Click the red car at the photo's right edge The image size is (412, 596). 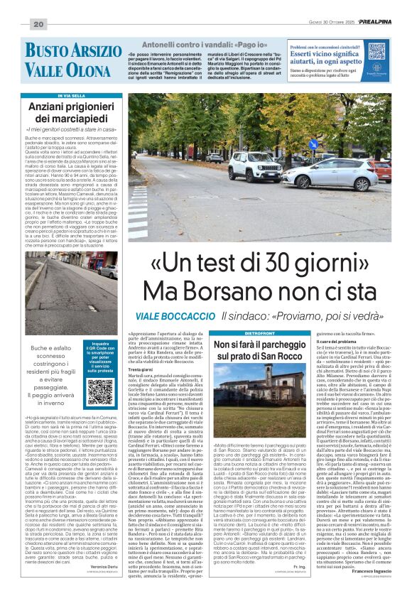point(384,168)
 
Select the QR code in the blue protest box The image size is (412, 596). point(100,391)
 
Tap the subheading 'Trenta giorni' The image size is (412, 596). point(140,370)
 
